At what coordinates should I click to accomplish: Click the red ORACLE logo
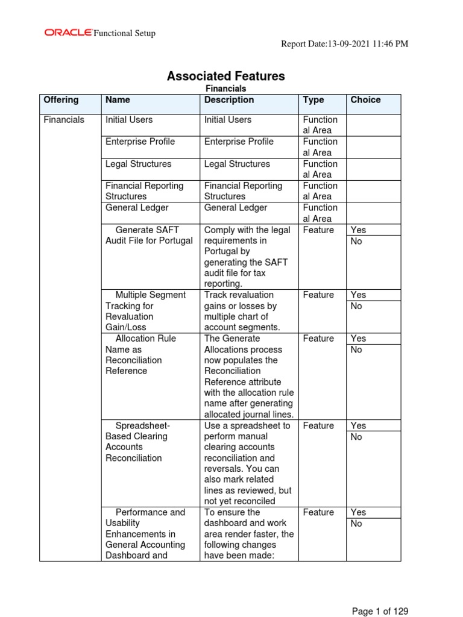[68, 33]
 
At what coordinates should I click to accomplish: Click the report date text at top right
[345, 44]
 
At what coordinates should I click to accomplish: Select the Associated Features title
[225, 76]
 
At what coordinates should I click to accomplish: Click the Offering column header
[61, 100]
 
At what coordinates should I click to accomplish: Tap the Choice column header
[365, 100]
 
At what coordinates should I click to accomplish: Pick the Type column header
[313, 100]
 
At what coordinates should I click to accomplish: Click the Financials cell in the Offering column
[64, 120]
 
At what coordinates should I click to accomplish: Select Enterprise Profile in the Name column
[140, 142]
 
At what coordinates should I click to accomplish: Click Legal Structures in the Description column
[237, 164]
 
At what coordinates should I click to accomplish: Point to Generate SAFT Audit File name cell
[149, 235]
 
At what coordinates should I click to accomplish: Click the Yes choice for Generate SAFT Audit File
[358, 230]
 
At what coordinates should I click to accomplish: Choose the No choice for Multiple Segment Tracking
[356, 306]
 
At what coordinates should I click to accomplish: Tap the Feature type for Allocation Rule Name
[318, 339]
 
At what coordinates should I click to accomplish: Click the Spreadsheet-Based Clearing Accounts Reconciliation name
[137, 442]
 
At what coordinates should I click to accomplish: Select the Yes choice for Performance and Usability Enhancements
[358, 512]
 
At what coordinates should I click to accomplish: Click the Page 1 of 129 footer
[380, 611]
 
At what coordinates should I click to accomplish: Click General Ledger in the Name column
[137, 208]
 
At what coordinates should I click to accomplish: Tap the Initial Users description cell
[228, 120]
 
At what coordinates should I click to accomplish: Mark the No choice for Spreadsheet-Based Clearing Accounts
[356, 437]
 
